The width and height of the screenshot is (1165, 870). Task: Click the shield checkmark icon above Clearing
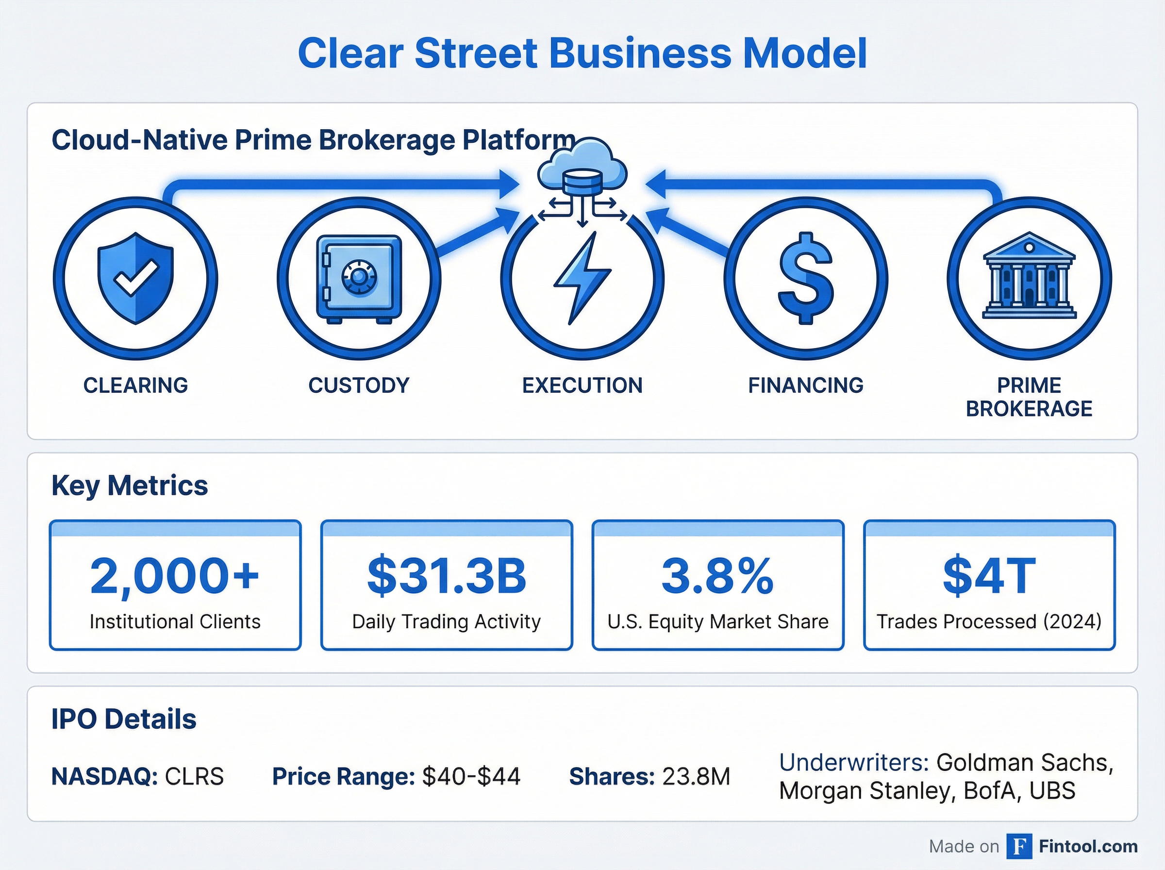pos(136,278)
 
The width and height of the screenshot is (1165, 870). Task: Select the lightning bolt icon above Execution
pos(582,278)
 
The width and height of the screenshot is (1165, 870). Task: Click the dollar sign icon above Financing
pos(805,278)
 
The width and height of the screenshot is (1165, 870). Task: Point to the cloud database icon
pos(582,168)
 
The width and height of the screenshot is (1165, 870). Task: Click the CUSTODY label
pos(359,385)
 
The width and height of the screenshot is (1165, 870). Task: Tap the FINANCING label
pos(805,385)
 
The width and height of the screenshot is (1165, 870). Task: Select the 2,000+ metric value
pos(175,576)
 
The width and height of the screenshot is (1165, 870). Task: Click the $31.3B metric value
pos(447,576)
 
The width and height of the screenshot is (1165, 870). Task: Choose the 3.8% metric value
pos(717,576)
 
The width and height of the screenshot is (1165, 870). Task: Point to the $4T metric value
pos(989,576)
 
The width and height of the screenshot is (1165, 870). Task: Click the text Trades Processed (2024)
pos(989,622)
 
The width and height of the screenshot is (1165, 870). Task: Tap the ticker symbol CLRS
pos(194,777)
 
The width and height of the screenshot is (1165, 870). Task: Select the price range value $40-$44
pos(471,777)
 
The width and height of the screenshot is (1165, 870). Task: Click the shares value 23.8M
pos(696,777)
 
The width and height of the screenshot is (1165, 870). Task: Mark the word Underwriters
pos(853,763)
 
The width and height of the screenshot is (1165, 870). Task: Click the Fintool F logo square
pos(1019,846)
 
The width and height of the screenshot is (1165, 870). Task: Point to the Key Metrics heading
pos(130,485)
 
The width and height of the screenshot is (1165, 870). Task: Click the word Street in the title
pos(476,53)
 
